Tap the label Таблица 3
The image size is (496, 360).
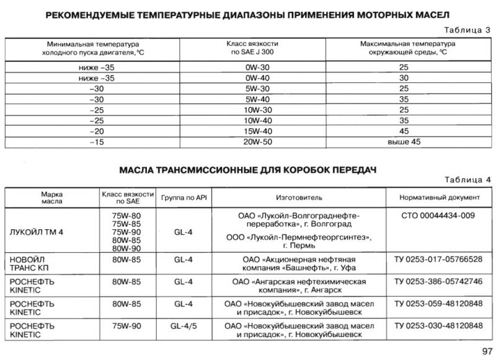(467, 29)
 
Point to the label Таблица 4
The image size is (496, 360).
(467, 180)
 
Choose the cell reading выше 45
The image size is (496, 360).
(403, 142)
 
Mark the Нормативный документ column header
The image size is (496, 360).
(438, 198)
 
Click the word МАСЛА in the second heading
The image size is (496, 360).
(138, 169)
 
